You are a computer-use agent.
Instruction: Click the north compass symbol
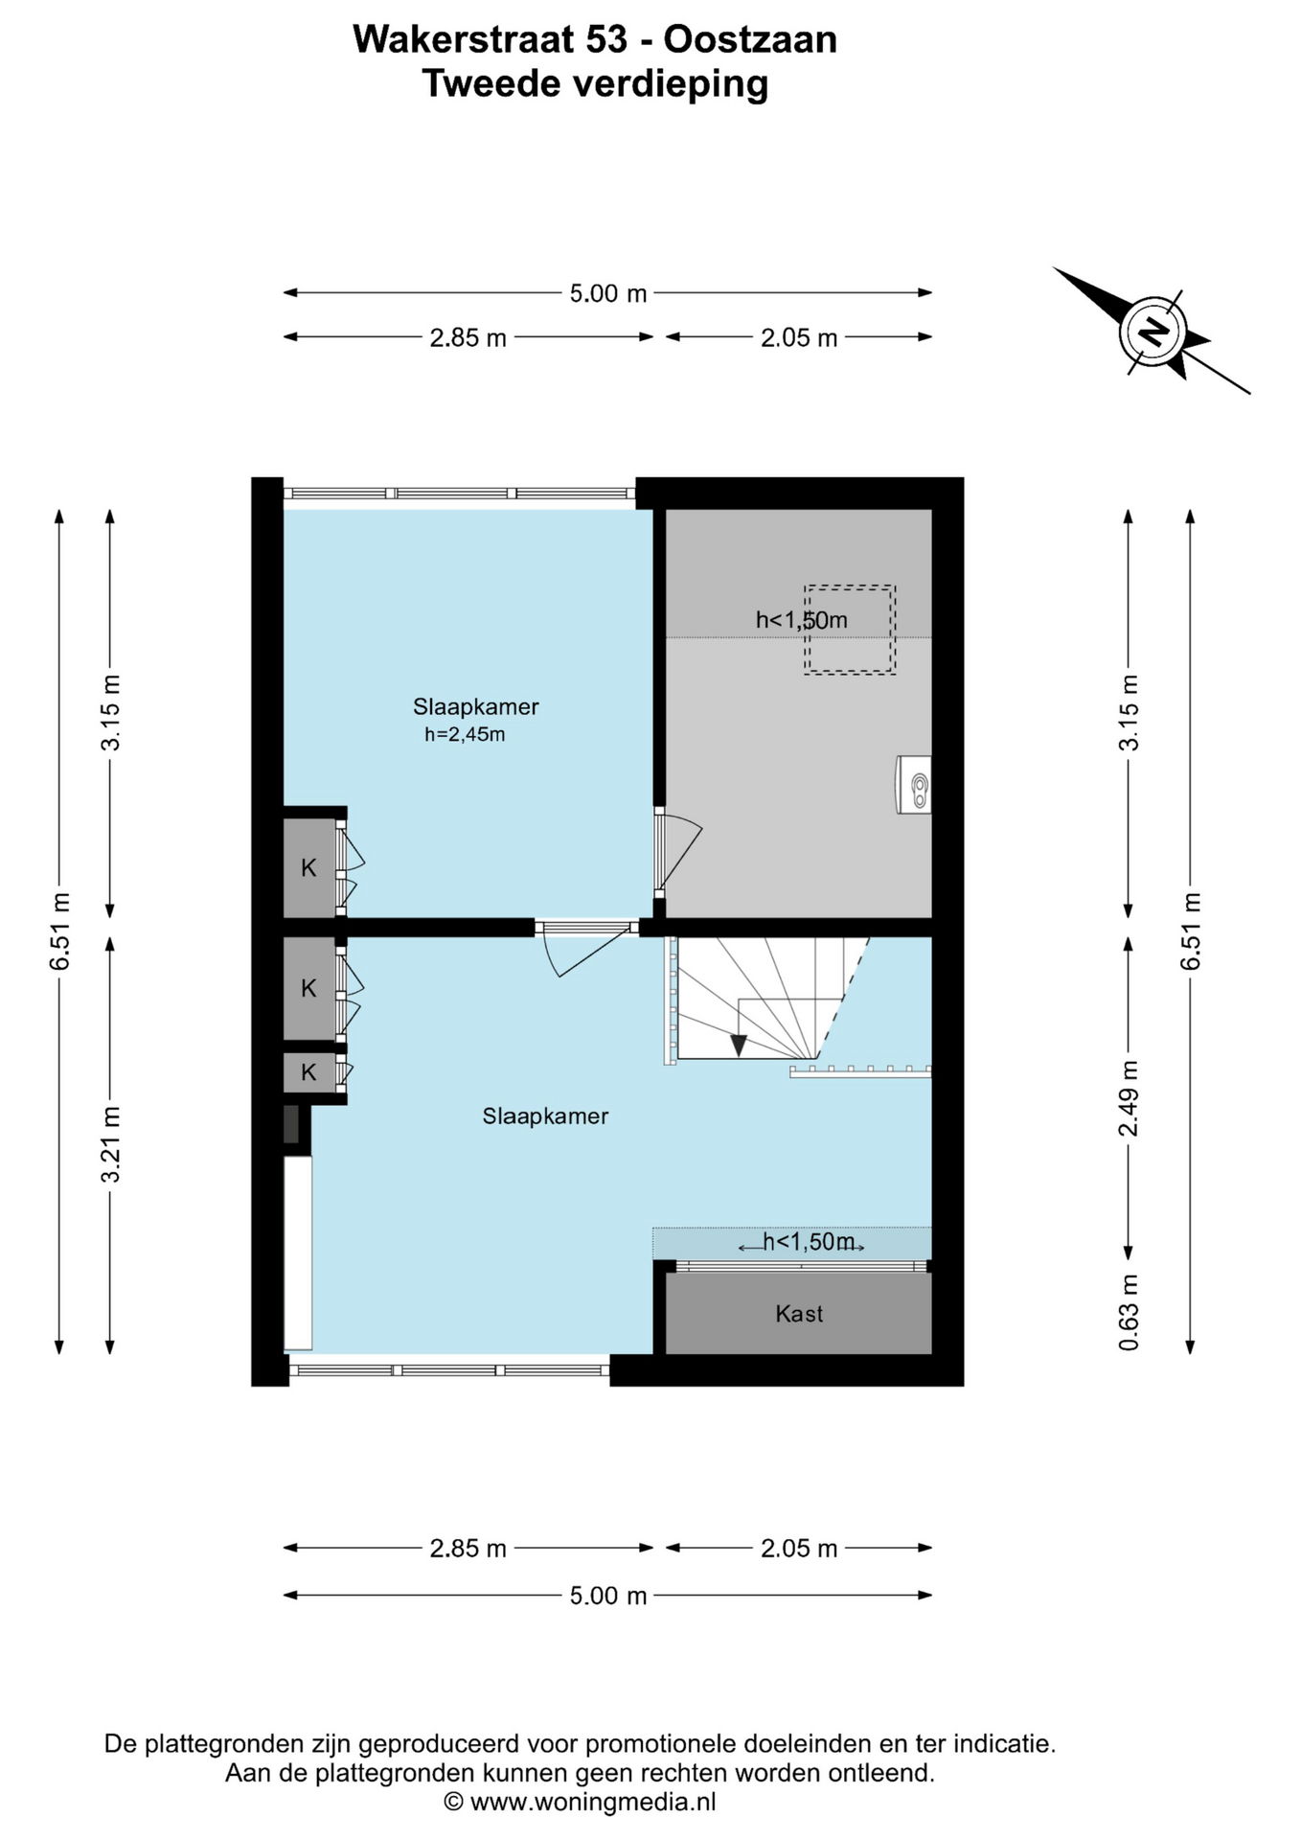pyautogui.click(x=1153, y=332)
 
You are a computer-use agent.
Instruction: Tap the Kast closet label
pyautogui.click(x=799, y=1314)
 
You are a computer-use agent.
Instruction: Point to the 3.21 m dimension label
pyautogui.click(x=111, y=1144)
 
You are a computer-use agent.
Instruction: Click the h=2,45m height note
pyautogui.click(x=465, y=736)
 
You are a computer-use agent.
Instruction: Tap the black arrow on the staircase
pyautogui.click(x=738, y=1045)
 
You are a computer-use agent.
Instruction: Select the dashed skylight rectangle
pyautogui.click(x=850, y=630)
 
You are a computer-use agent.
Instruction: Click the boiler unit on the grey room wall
pyautogui.click(x=914, y=785)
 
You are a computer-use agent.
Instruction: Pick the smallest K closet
pyautogui.click(x=308, y=1072)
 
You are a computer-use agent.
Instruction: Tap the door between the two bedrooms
pyautogui.click(x=586, y=949)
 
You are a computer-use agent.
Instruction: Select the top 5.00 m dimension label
pyautogui.click(x=608, y=293)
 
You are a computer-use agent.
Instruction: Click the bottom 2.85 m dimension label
pyautogui.click(x=468, y=1549)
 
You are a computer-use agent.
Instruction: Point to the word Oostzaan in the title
pyautogui.click(x=750, y=39)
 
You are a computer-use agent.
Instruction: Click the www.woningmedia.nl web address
pyautogui.click(x=594, y=1802)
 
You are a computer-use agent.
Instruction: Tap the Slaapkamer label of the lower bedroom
pyautogui.click(x=545, y=1116)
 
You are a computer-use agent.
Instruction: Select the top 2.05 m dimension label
pyautogui.click(x=799, y=337)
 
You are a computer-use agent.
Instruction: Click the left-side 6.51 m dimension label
pyautogui.click(x=60, y=931)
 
